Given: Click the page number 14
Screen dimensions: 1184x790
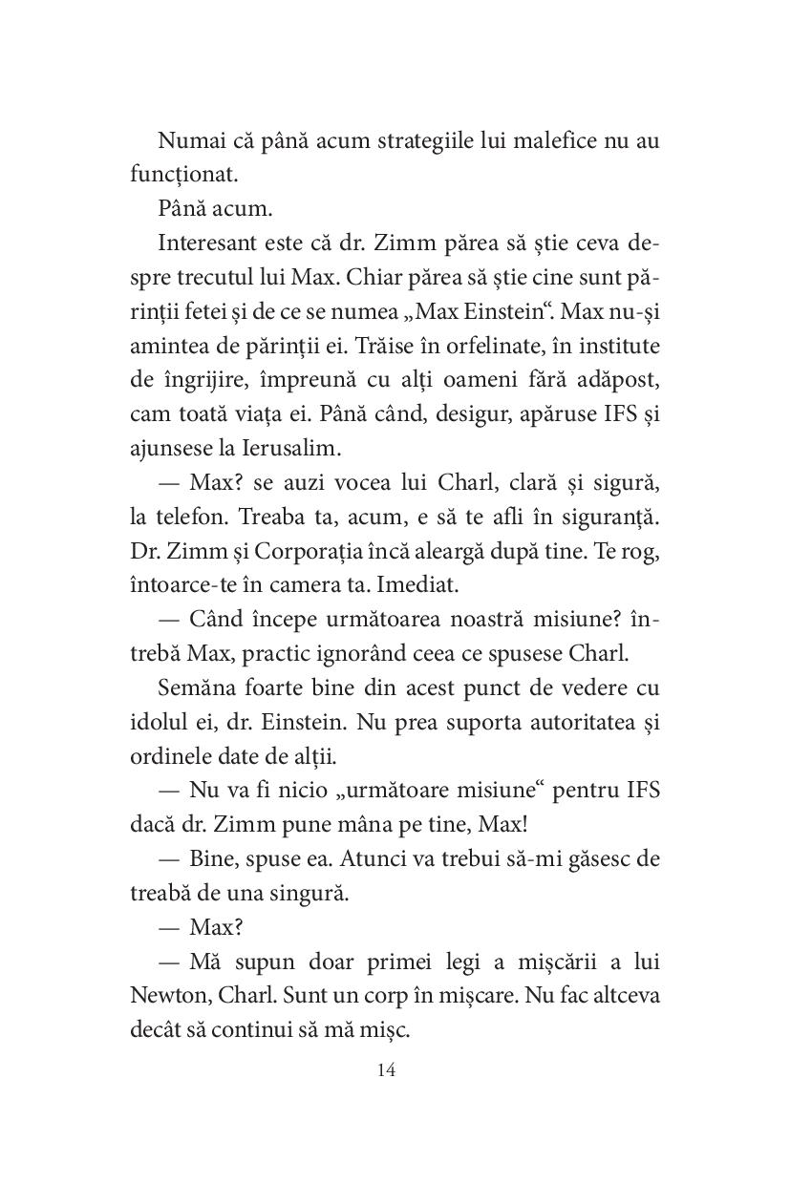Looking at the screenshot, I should pos(386,1068).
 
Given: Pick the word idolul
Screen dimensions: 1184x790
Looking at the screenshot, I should pos(156,721).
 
